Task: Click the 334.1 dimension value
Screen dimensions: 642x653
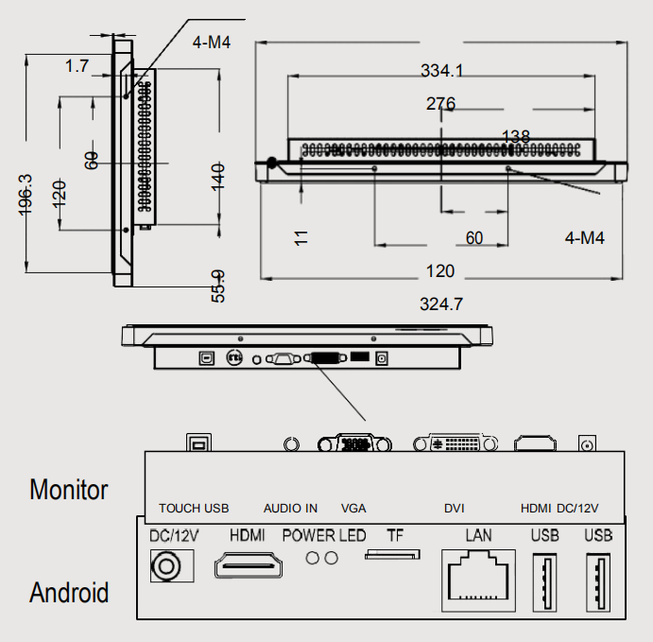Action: [441, 70]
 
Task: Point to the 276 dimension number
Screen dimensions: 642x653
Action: [441, 104]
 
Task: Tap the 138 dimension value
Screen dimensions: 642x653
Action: [515, 137]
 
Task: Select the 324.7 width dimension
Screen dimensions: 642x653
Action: [441, 304]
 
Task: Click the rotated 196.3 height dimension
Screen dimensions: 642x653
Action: [26, 195]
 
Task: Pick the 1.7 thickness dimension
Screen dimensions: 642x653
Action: [77, 66]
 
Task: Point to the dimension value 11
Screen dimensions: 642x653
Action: [301, 236]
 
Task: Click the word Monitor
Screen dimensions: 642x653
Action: [69, 490]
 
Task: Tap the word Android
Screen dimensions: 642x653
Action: [69, 593]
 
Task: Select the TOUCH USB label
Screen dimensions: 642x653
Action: [194, 509]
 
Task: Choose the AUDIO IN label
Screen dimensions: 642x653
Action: [290, 509]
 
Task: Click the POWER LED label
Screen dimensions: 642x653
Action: [324, 536]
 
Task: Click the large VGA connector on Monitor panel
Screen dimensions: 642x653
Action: [354, 443]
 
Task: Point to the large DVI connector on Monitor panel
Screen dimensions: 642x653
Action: [455, 443]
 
